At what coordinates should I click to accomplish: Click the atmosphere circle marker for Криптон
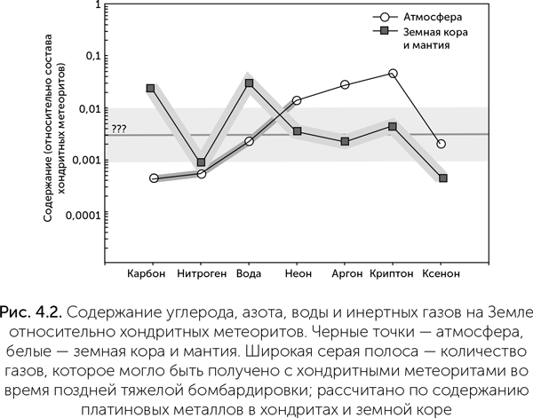coord(394,74)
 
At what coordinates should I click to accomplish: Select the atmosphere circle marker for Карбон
coord(154,178)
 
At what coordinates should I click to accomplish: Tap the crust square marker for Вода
coord(250,83)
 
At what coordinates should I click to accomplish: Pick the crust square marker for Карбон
coord(151,88)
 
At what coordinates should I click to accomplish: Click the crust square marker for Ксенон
coord(442,178)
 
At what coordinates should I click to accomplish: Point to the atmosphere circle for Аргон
coord(345,85)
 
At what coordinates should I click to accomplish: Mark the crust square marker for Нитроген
coord(202,162)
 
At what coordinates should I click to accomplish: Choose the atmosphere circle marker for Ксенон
coord(442,144)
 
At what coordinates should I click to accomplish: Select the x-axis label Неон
coord(298,273)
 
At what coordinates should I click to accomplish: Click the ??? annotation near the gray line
coord(119,129)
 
